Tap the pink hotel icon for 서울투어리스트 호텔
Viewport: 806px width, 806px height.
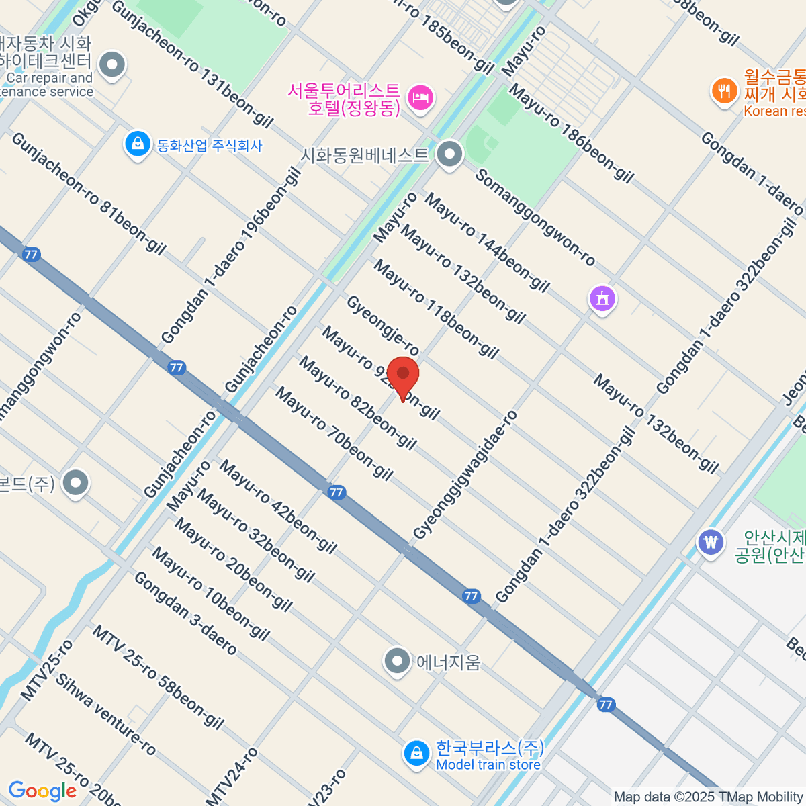(421, 98)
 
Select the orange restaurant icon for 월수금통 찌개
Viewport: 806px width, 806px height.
(723, 90)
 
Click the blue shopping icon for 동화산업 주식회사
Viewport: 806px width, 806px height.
(137, 145)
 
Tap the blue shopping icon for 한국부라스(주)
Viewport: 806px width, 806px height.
(416, 754)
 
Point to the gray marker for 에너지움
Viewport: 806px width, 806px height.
(397, 662)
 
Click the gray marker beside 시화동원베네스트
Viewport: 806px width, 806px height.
(449, 154)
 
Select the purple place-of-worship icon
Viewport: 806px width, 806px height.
(602, 298)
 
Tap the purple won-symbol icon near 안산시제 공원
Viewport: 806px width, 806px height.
(710, 541)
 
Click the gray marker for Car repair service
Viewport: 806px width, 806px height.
(112, 66)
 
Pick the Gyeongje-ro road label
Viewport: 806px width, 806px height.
(383, 326)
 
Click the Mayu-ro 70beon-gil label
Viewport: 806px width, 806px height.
(334, 434)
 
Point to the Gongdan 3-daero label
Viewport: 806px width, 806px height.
(185, 613)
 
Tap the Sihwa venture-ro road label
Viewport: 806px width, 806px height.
(105, 714)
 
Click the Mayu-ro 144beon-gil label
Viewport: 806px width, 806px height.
(487, 242)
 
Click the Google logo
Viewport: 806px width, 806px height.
(42, 791)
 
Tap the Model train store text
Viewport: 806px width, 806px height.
(488, 765)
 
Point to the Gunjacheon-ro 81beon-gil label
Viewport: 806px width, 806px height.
(89, 194)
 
